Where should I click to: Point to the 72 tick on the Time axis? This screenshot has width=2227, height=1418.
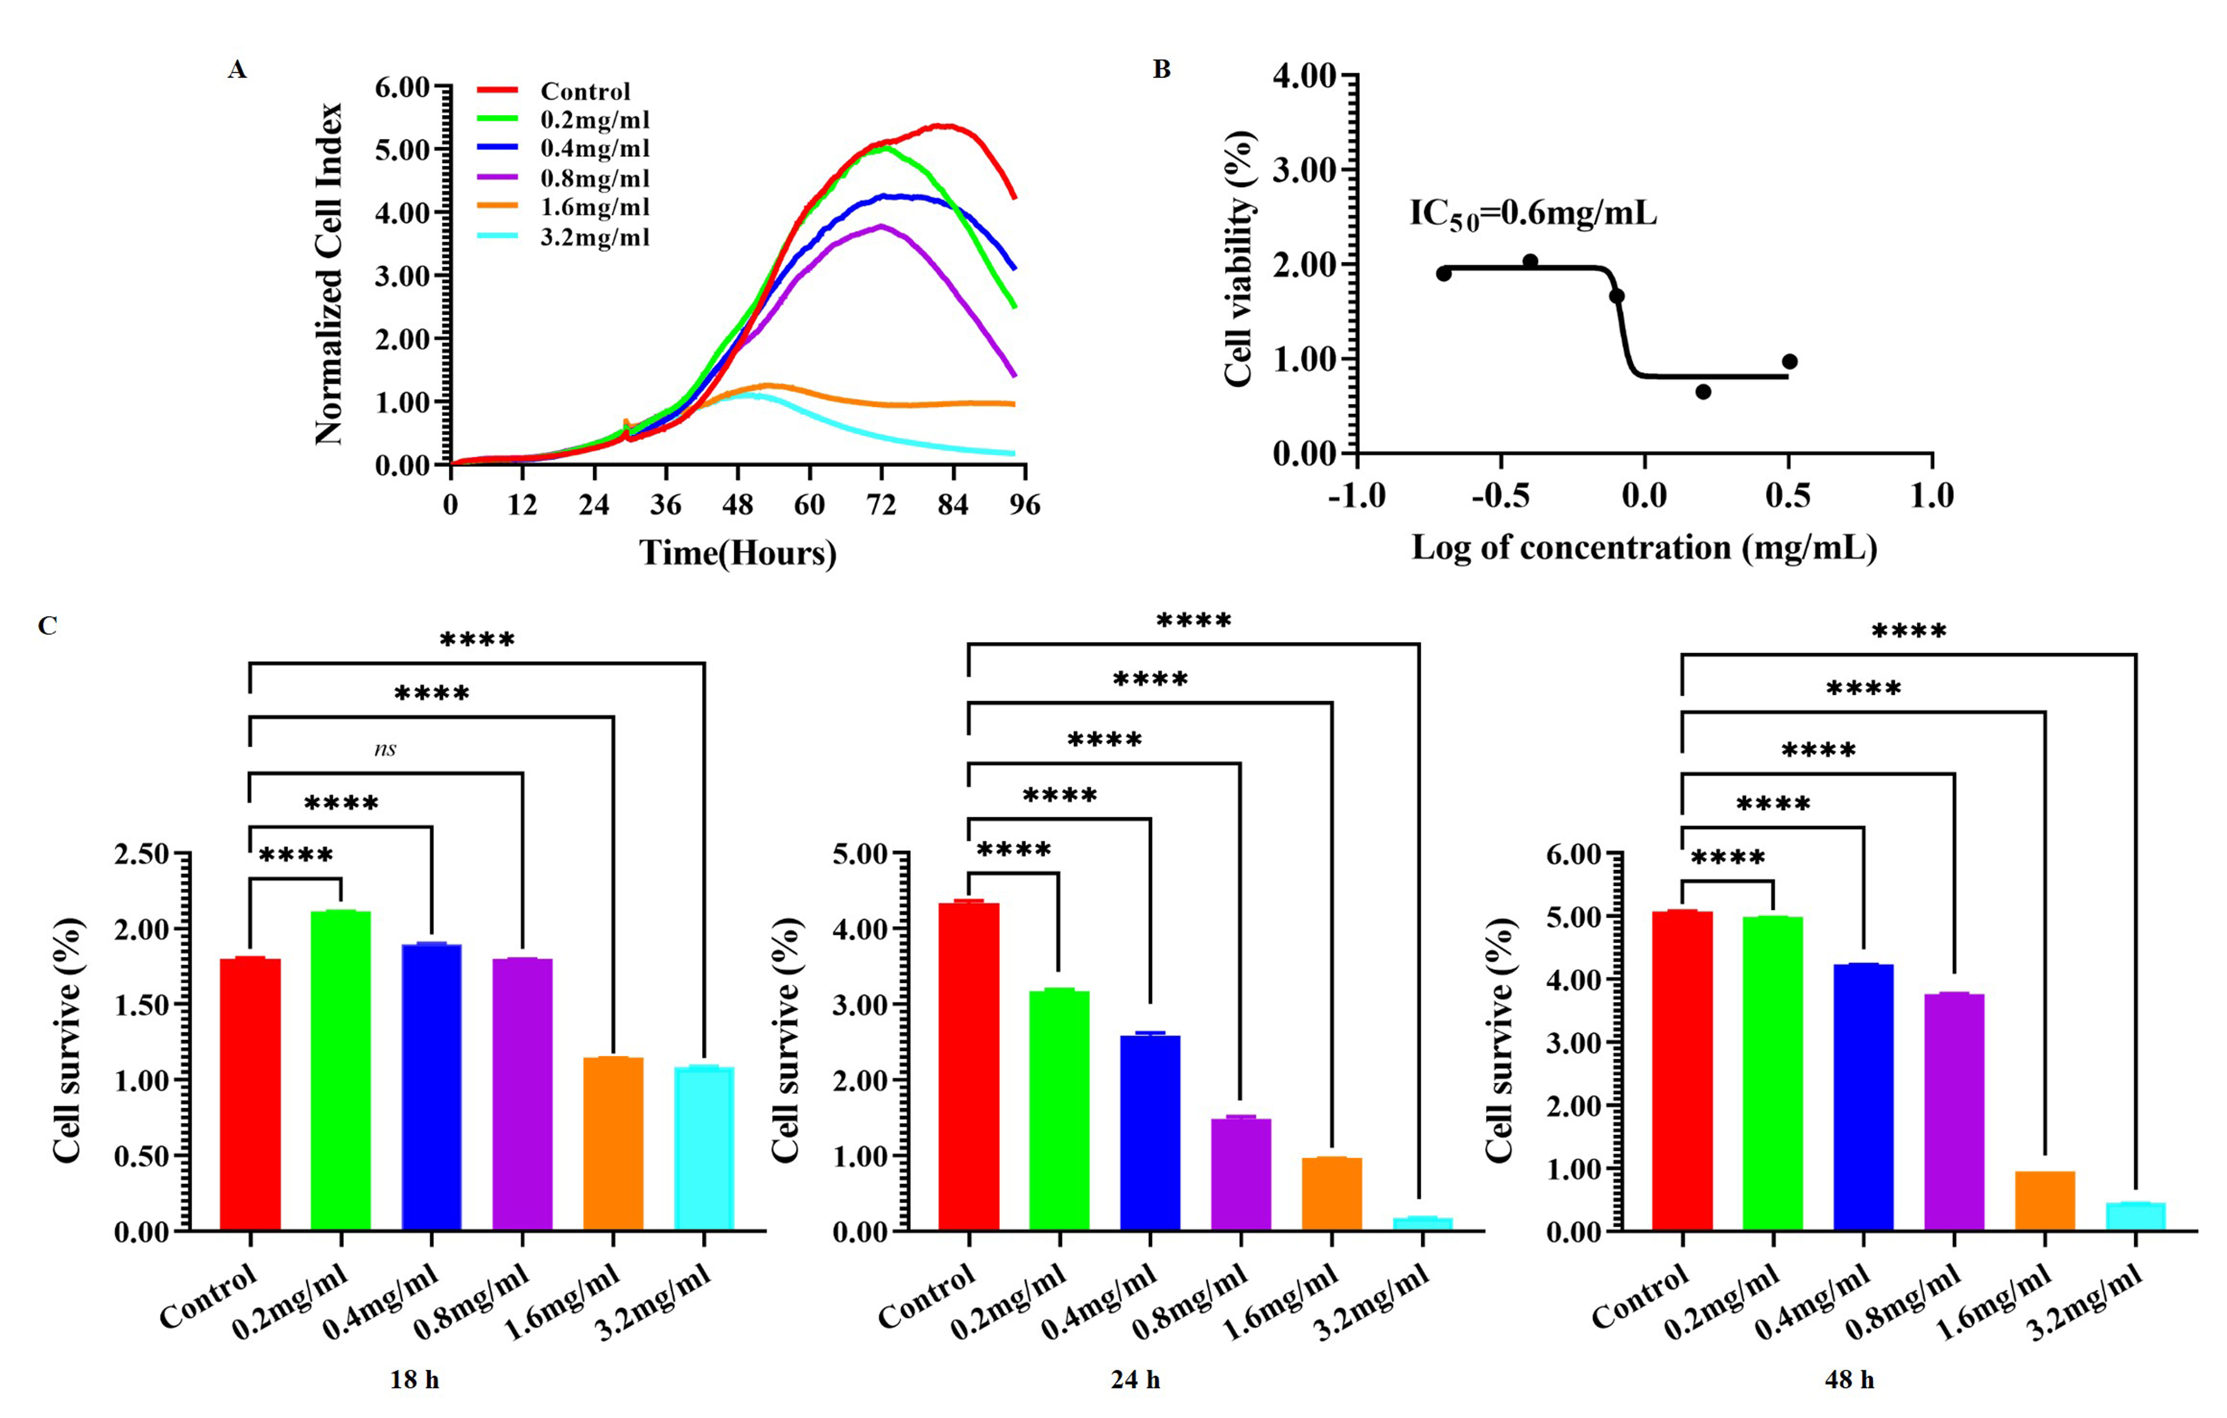point(881,505)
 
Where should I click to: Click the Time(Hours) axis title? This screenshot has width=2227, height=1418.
point(737,553)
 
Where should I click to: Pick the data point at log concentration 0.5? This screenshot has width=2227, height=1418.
point(1790,362)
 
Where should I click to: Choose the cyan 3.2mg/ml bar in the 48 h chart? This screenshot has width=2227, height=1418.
point(2135,1216)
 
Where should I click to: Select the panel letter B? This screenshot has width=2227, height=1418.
point(1162,69)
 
